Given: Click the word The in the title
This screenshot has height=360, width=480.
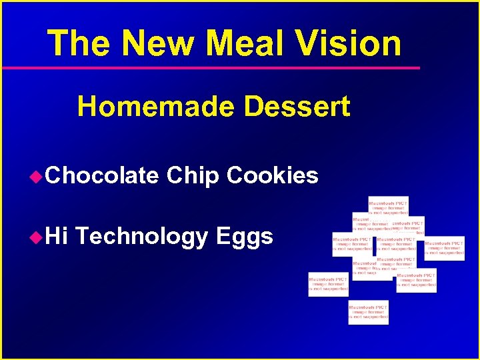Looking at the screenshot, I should pos(79,43).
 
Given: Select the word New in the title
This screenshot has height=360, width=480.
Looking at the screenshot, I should pos(159,43).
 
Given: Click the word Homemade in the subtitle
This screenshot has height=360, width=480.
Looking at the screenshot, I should pos(155,107).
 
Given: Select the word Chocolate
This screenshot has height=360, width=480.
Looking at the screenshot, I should pos(103,175).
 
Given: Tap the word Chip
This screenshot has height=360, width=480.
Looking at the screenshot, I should pos(193,176).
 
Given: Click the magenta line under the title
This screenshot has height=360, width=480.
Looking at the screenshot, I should pos(211,68).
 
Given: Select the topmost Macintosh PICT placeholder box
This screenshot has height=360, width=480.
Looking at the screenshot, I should pos(389,206).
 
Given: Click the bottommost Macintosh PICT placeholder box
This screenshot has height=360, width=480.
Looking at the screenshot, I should pos(368,312).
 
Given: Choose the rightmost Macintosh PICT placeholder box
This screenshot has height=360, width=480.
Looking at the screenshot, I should pos(445,248).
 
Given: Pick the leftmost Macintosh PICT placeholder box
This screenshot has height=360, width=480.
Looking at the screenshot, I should pos(328,283).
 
